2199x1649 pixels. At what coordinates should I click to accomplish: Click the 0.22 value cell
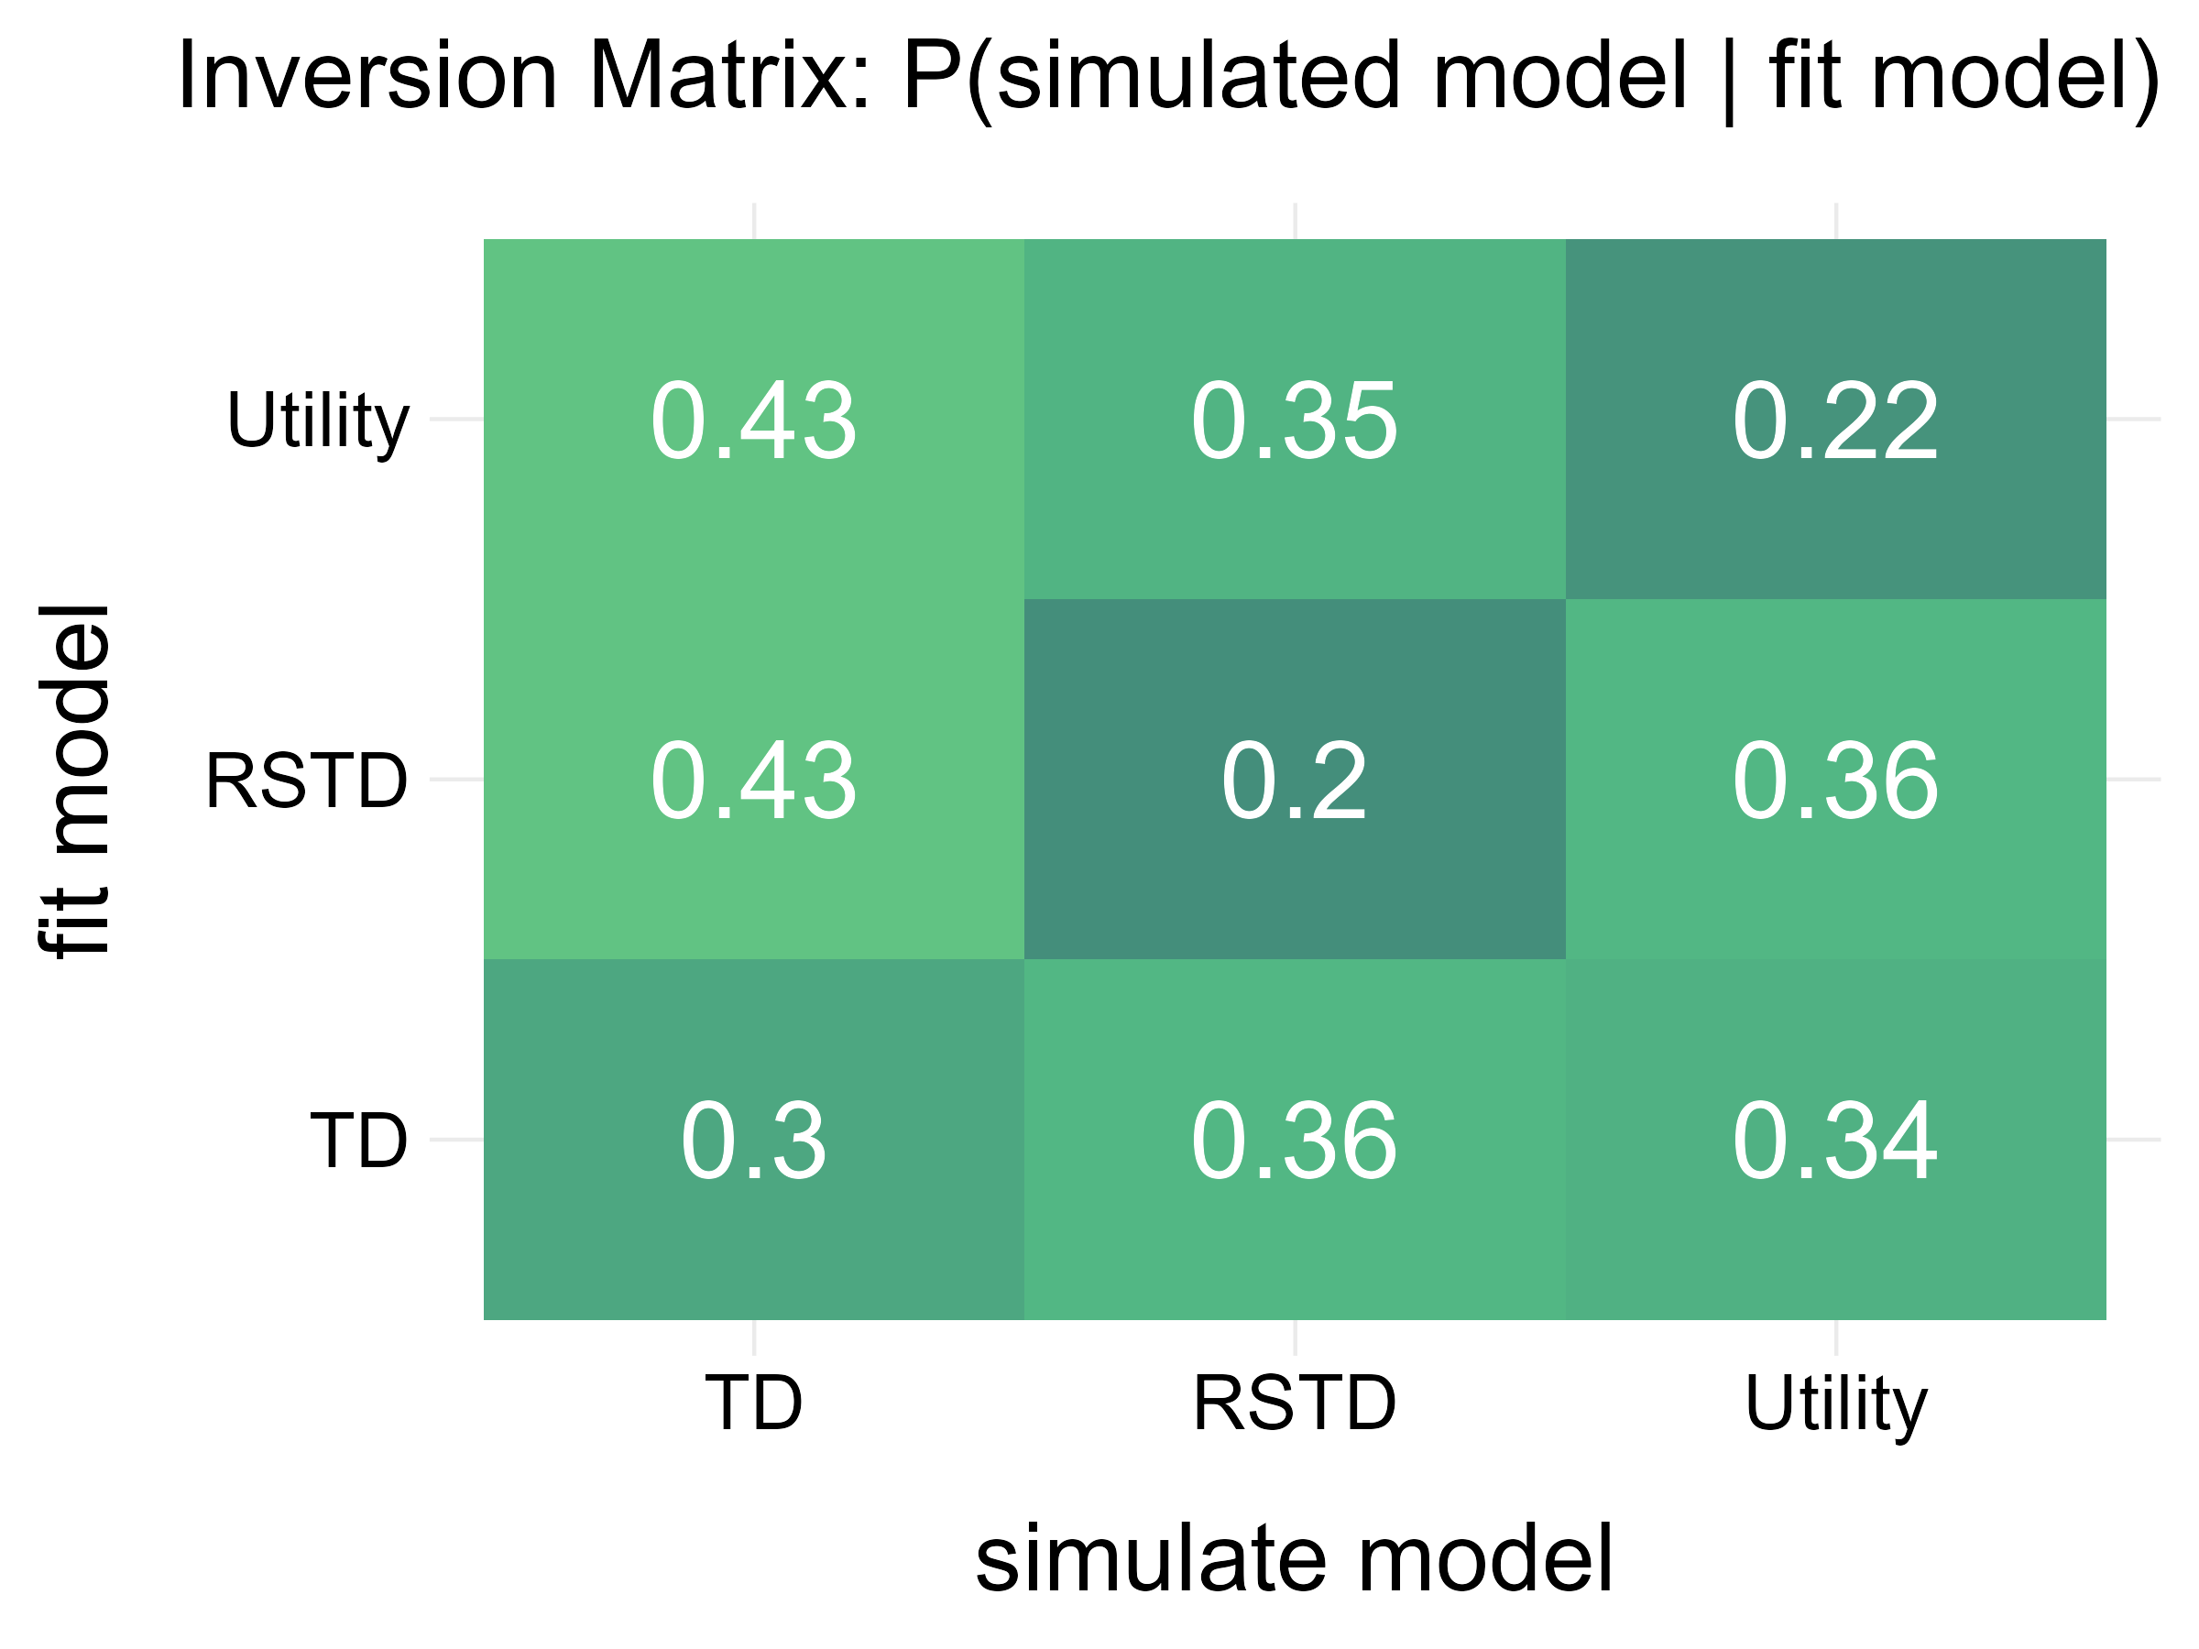[x=1835, y=420]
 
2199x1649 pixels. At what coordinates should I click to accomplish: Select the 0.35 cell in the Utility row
[x=1295, y=420]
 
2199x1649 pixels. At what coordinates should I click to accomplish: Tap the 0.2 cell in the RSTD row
[x=1295, y=781]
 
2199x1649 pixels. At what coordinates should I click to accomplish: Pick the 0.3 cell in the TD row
[x=753, y=1140]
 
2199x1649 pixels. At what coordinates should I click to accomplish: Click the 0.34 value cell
[x=1835, y=1140]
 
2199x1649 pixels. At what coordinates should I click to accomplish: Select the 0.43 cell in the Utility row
[x=753, y=420]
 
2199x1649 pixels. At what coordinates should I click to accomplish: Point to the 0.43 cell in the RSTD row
[x=753, y=781]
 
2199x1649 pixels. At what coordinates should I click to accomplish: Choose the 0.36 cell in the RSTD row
[x=1835, y=781]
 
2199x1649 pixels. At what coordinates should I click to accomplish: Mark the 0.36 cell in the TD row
[x=1295, y=1140]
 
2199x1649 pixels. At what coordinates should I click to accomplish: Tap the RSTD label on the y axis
[x=306, y=781]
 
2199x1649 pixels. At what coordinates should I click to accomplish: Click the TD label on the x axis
[x=753, y=1403]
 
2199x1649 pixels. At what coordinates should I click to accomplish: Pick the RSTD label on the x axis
[x=1295, y=1403]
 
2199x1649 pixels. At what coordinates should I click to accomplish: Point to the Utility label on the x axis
[x=1835, y=1404]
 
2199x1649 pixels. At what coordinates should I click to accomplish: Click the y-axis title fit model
[x=74, y=781]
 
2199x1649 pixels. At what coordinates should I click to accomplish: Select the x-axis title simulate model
[x=1295, y=1558]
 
